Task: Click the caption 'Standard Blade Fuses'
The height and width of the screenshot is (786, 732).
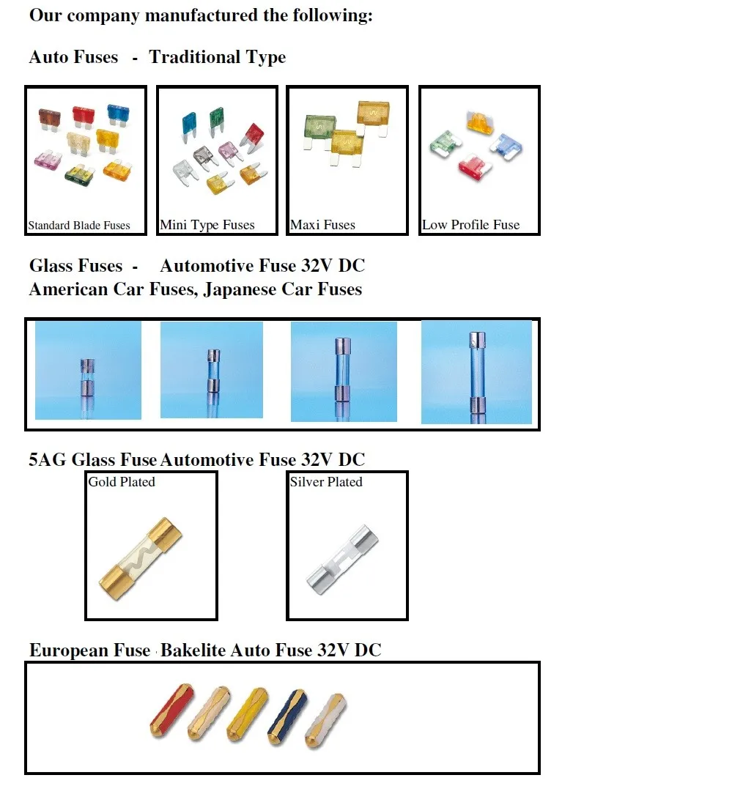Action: [x=78, y=226]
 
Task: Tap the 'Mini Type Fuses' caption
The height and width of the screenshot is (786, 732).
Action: [x=207, y=225]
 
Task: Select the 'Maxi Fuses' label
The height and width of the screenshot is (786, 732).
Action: [x=322, y=225]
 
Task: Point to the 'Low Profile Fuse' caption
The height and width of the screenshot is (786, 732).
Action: [x=470, y=225]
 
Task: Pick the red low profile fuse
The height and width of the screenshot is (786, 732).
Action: [x=473, y=168]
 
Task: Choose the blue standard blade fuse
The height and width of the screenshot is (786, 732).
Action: [x=118, y=114]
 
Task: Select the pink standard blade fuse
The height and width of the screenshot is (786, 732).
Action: [x=48, y=160]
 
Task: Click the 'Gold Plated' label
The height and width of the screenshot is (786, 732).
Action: [x=122, y=482]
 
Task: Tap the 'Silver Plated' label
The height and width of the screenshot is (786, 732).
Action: [x=326, y=482]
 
